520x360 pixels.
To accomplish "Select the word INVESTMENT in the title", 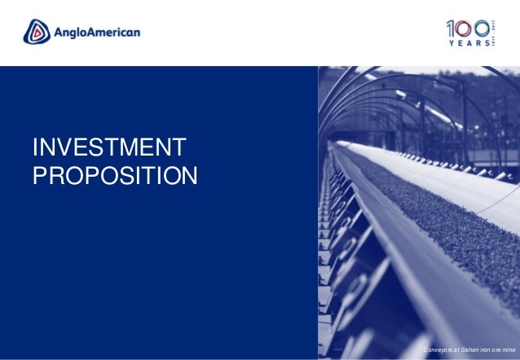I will pos(108,149).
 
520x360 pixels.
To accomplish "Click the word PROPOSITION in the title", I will pos(113,175).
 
